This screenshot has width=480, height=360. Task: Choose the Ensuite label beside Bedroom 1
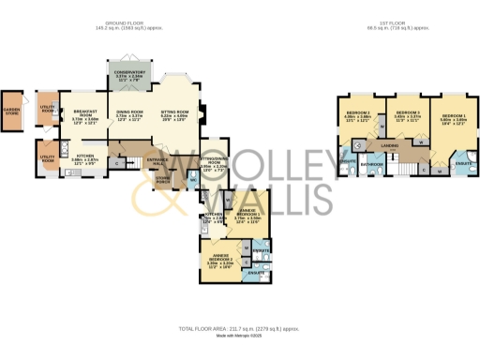(461, 165)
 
